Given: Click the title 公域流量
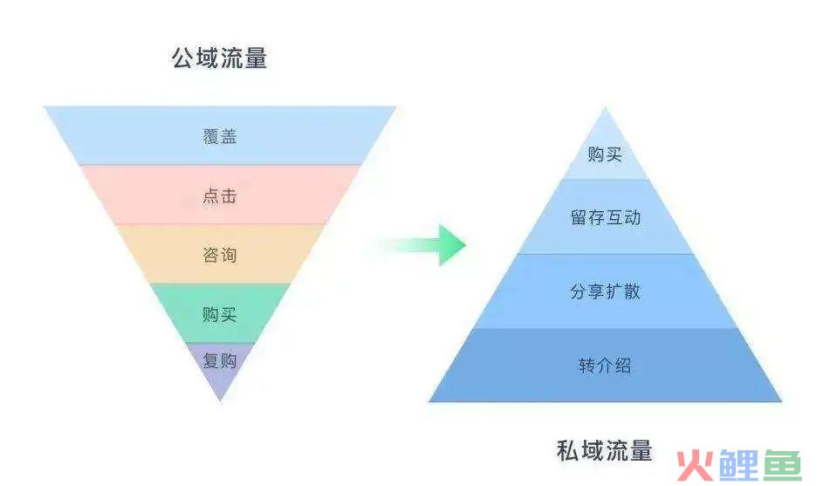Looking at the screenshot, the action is (219, 58).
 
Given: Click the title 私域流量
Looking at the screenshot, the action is (605, 451).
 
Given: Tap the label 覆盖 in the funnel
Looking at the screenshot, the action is (220, 136).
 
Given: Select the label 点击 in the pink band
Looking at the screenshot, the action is (220, 195).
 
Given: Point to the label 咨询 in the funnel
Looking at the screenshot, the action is (220, 255).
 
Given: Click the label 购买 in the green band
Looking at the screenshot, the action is (220, 314).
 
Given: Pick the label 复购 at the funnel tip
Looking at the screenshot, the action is (220, 360).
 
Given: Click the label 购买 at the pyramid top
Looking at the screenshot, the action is (605, 154).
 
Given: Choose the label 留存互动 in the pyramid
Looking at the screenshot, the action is (606, 217).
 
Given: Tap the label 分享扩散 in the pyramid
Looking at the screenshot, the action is (606, 291).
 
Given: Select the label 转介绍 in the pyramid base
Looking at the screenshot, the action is (605, 366).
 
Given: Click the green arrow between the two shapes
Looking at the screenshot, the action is (420, 244).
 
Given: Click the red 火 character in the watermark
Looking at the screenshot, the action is (695, 466).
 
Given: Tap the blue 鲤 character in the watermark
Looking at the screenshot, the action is (739, 466).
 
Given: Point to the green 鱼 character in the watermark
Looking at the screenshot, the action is (782, 466).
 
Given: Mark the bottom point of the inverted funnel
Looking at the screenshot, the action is (221, 401).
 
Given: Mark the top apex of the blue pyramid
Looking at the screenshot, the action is (605, 107).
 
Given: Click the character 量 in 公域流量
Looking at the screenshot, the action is (256, 58).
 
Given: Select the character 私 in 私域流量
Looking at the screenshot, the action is (568, 451).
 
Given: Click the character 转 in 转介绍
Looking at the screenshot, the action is (587, 366).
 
